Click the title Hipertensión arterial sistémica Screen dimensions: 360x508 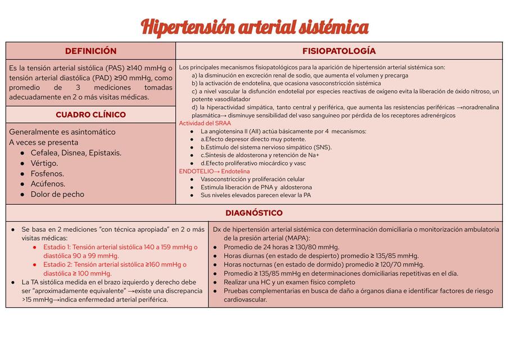tap(254, 26)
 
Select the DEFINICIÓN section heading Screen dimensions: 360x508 tap(90, 51)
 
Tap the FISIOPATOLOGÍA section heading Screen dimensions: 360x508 tap(339, 51)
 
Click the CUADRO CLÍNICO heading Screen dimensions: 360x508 tap(90, 115)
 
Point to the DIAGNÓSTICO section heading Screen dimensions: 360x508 tap(254, 213)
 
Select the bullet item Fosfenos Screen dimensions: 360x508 tap(47, 174)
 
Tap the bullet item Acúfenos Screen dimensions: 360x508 tap(48, 184)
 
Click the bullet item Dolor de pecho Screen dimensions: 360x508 tap(57, 194)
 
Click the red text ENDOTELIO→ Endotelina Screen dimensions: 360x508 tap(214, 171)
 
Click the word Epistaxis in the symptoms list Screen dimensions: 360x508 tap(104, 153)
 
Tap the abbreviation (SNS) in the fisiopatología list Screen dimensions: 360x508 tap(323, 147)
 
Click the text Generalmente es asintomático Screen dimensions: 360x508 tap(62, 132)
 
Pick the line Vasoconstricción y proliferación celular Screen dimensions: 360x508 tap(252, 179)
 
